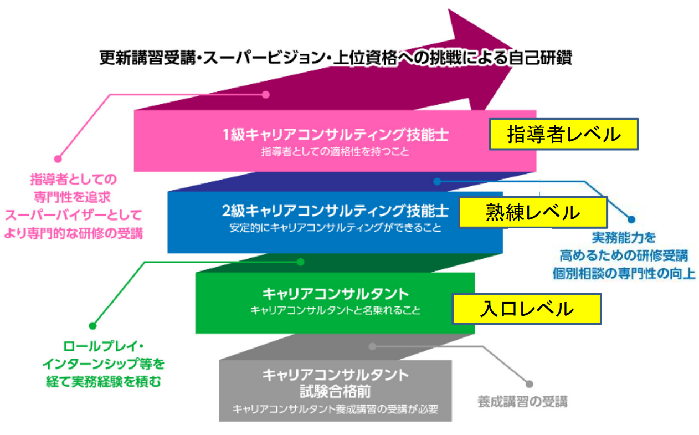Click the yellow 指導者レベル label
coord(563,134)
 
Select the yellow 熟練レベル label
coord(533,212)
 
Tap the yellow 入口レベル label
coord(527,309)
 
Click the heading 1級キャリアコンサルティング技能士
coord(336,135)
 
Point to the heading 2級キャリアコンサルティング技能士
coord(336,211)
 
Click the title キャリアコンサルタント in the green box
coord(336,294)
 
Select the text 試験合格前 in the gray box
coord(336,392)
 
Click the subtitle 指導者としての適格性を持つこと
coord(336,152)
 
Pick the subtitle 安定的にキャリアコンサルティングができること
coord(336,228)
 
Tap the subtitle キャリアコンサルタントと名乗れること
coord(336,310)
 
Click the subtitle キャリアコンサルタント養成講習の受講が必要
coord(336,409)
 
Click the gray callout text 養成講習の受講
coord(523,402)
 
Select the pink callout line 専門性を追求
coord(73,197)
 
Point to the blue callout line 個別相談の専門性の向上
coord(624,274)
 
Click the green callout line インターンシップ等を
coord(104,364)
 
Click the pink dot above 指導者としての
coord(58,159)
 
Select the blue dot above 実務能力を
coord(631,219)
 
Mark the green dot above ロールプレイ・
coord(92,326)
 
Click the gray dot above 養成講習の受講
coord(530,384)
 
